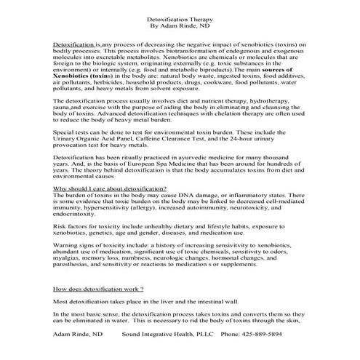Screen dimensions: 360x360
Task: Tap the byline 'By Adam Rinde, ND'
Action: tap(180, 23)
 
